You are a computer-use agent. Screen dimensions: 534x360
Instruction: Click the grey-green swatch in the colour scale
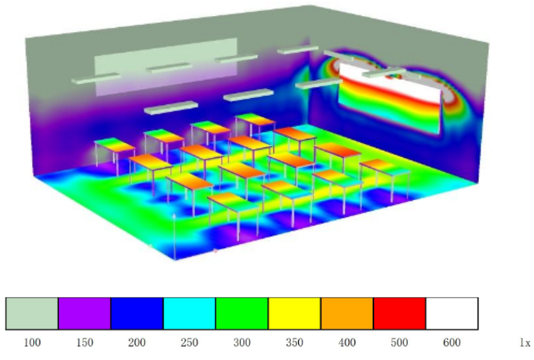(x=32, y=313)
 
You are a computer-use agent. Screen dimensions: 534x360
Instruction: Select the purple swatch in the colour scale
(x=84, y=313)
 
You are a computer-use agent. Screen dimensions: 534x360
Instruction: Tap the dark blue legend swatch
(x=137, y=313)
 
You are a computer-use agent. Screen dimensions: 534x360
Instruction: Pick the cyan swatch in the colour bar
(x=189, y=313)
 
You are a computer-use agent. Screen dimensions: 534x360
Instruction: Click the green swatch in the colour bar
(x=242, y=313)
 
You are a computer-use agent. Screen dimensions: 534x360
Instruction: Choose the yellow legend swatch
(x=294, y=313)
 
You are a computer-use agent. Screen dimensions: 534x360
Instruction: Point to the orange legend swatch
(x=347, y=313)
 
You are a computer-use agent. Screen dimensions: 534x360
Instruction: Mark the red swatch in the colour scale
(x=400, y=313)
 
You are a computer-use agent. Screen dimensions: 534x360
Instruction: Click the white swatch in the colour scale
(x=452, y=313)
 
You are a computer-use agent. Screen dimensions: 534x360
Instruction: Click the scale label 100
(x=32, y=343)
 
